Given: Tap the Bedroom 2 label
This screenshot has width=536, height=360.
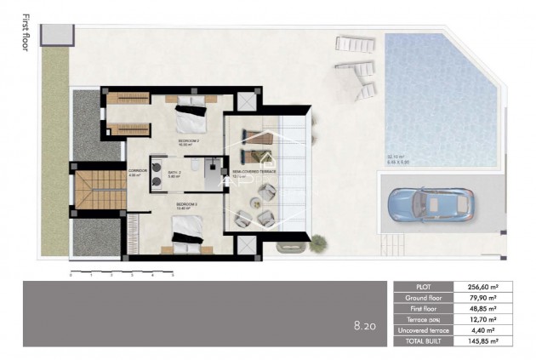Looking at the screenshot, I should (x=188, y=140).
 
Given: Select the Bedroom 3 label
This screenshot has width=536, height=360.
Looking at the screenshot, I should (x=187, y=205).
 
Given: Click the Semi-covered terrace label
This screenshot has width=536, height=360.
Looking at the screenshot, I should (x=254, y=171).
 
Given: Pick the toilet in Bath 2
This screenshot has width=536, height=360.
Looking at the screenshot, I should (x=196, y=165).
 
